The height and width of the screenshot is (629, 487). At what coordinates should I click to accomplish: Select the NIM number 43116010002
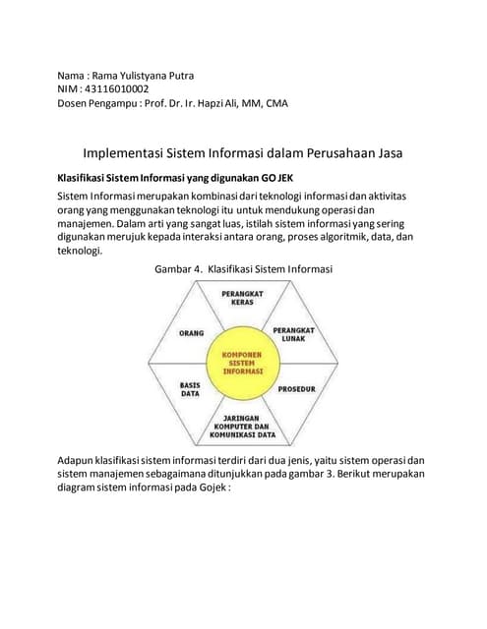pyautogui.click(x=117, y=89)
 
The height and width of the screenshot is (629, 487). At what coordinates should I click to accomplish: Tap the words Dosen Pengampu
pyautogui.click(x=97, y=103)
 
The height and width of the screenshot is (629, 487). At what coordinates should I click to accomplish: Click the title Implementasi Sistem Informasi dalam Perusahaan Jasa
pyautogui.click(x=243, y=153)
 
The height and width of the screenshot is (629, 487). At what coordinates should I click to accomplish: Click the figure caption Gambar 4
pyautogui.click(x=177, y=268)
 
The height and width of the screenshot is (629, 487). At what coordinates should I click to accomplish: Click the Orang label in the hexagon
pyautogui.click(x=191, y=333)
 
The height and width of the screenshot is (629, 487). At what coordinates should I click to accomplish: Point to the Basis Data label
pyautogui.click(x=190, y=388)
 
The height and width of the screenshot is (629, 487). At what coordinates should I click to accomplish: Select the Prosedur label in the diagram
pyautogui.click(x=295, y=389)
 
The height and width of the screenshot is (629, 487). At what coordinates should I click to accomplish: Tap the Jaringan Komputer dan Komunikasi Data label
pyautogui.click(x=242, y=426)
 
